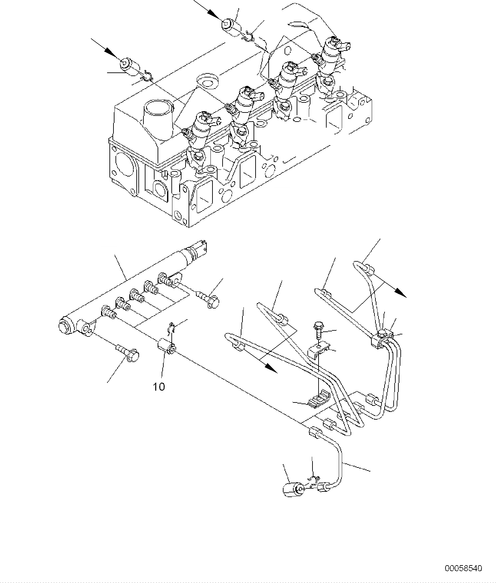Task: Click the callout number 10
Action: click(159, 387)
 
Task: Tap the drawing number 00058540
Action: click(463, 569)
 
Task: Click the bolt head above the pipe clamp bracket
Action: click(318, 326)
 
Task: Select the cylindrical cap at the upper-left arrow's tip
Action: click(129, 65)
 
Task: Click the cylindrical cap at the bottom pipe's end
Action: click(292, 489)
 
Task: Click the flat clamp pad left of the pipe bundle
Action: click(317, 400)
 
